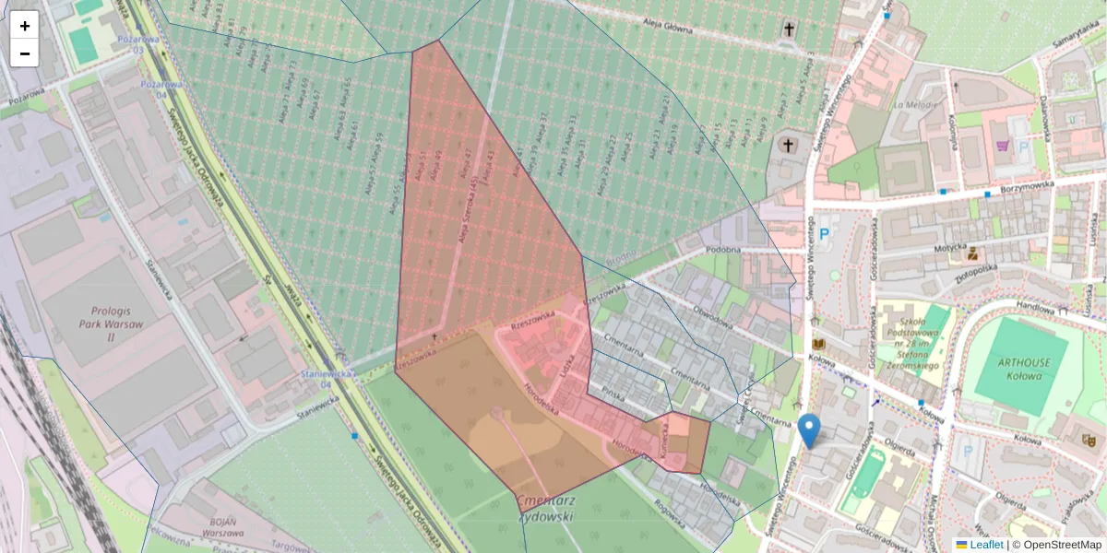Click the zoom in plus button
[x=25, y=26]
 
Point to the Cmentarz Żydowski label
[x=546, y=509]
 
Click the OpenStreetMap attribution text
[x=1056, y=545]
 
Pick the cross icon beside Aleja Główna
[x=789, y=29]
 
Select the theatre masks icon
[x=1089, y=441]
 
